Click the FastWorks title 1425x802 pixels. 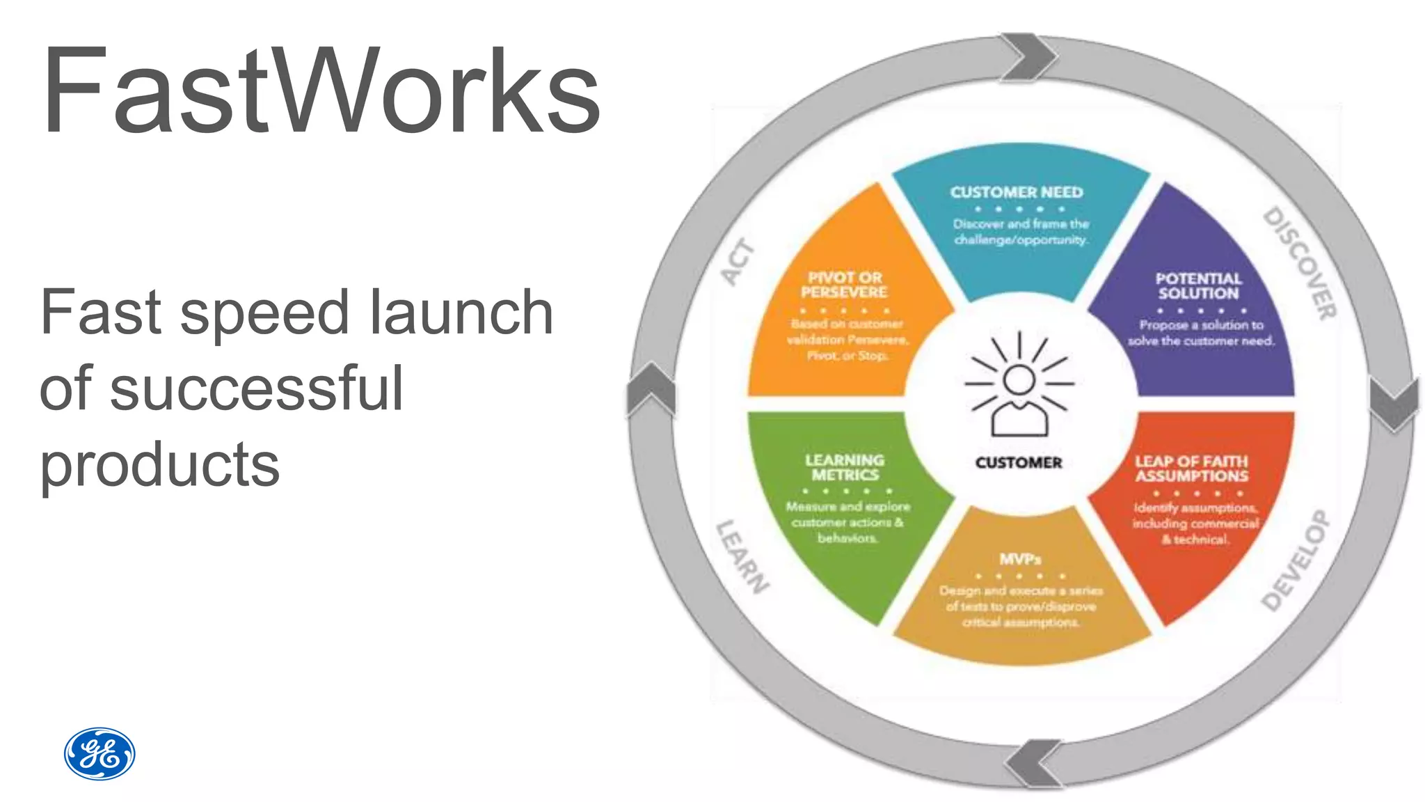click(320, 91)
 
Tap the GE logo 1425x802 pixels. click(99, 754)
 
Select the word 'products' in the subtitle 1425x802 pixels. click(159, 464)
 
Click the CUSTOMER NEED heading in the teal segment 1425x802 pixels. click(1017, 192)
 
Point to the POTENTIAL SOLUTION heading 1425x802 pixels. click(1198, 286)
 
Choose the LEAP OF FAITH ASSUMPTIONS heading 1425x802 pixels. click(1191, 469)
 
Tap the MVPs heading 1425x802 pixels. click(1020, 559)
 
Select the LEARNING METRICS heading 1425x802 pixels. click(845, 467)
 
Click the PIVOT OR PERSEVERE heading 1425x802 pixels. click(844, 285)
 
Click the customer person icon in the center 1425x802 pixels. click(1019, 386)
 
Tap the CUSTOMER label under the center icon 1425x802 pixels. click(1019, 463)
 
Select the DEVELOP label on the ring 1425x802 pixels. click(1296, 560)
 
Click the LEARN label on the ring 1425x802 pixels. click(742, 556)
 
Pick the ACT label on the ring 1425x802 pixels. click(738, 262)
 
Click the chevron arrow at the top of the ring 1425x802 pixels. click(1028, 56)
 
